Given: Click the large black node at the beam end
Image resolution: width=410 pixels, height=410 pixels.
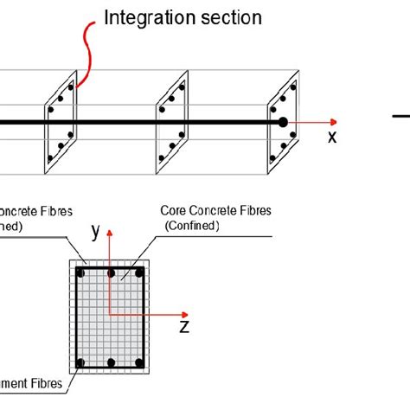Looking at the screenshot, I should pos(282,123).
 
